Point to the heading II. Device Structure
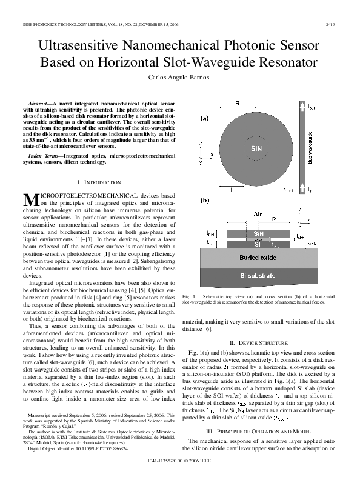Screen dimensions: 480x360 tap(261, 342)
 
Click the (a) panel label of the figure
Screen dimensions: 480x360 tap(205, 119)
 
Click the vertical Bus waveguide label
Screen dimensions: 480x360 tap(310, 148)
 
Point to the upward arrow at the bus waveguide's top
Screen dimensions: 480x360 tap(310, 108)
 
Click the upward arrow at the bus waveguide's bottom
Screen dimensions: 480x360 tap(310, 188)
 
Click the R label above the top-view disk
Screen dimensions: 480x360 tap(237, 104)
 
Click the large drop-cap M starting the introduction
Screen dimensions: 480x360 tap(30, 199)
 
